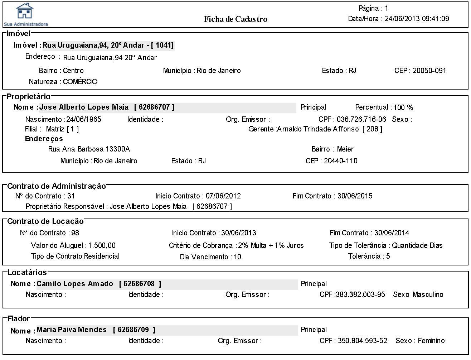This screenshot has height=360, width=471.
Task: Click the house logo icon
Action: tap(24, 11)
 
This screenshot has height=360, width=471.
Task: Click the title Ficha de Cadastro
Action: tap(235, 19)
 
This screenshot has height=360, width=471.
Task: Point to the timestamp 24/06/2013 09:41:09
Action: tap(417, 19)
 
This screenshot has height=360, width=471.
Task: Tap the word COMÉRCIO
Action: tap(80, 82)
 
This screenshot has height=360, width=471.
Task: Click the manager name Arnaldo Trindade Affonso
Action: tap(318, 129)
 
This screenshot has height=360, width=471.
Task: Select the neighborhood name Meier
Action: tap(345, 149)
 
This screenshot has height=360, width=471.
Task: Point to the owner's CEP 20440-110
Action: tap(340, 161)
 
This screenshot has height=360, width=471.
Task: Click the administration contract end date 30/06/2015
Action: tap(355, 196)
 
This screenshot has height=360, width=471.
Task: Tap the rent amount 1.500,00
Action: tap(102, 245)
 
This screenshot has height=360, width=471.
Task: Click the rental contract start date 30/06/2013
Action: tap(238, 233)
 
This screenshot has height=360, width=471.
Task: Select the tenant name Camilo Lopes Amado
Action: tap(75, 284)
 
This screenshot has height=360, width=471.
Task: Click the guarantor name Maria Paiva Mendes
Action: tap(72, 330)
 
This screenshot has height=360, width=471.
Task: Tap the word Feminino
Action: tap(431, 341)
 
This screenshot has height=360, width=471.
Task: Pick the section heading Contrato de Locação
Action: tap(45, 221)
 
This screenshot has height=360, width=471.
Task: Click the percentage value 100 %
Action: tap(403, 107)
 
